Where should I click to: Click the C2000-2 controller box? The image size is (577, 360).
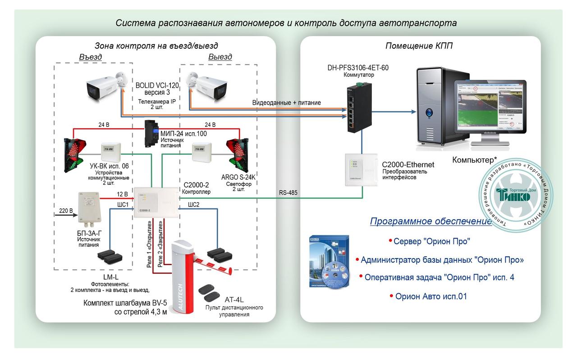coord(156,202)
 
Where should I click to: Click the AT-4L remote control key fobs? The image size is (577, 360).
coord(209,292)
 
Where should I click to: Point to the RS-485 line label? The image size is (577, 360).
coord(288,193)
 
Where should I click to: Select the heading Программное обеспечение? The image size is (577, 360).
coord(430,221)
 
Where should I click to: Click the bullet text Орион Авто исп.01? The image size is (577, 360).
coord(430,296)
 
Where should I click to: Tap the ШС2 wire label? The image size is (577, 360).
coord(193,205)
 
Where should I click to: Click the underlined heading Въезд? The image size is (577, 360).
coord(90,57)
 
